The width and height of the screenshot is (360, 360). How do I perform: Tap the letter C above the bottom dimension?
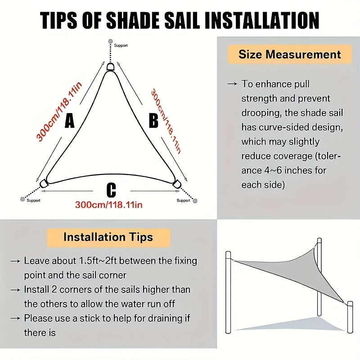click(111, 190)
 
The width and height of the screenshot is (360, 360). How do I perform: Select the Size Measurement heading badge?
click(289, 55)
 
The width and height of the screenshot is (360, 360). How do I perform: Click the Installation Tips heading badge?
click(108, 237)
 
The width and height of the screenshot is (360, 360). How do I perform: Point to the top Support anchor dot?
click(111, 42)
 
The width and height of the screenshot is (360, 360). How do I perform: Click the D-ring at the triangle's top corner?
click(111, 67)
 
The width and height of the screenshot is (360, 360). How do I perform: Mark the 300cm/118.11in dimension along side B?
click(166, 121)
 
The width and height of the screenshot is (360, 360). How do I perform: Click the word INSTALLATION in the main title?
click(260, 20)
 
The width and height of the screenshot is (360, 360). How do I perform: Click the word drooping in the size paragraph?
click(261, 112)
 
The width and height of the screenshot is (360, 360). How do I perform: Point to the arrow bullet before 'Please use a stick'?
click(15, 319)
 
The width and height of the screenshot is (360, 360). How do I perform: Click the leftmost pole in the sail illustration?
click(228, 292)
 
